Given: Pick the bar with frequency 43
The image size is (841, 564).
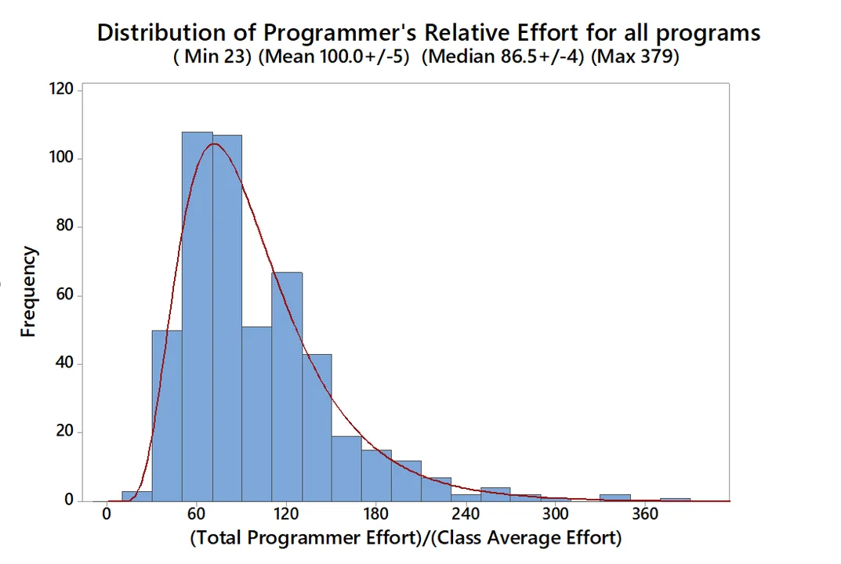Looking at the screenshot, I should coord(317,427).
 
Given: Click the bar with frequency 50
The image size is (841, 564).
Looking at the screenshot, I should coord(167,415).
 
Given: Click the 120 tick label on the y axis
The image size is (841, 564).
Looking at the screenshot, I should coord(62,89).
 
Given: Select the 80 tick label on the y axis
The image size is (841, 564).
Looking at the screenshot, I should coord(65,226).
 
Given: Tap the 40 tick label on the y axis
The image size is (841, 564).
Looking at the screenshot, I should coord(65,363).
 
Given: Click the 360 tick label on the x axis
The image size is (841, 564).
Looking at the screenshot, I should coord(645,515).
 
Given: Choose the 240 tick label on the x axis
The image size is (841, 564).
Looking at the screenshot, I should coord(466,515).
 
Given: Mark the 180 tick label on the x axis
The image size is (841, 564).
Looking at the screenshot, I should coord(375,515).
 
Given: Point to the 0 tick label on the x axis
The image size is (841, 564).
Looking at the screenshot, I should coord(107,515).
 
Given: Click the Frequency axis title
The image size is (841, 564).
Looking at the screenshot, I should coord(29,291).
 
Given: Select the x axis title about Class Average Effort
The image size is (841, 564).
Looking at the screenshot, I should coord(405,539).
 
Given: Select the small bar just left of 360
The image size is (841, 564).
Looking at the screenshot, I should coord(615,497).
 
